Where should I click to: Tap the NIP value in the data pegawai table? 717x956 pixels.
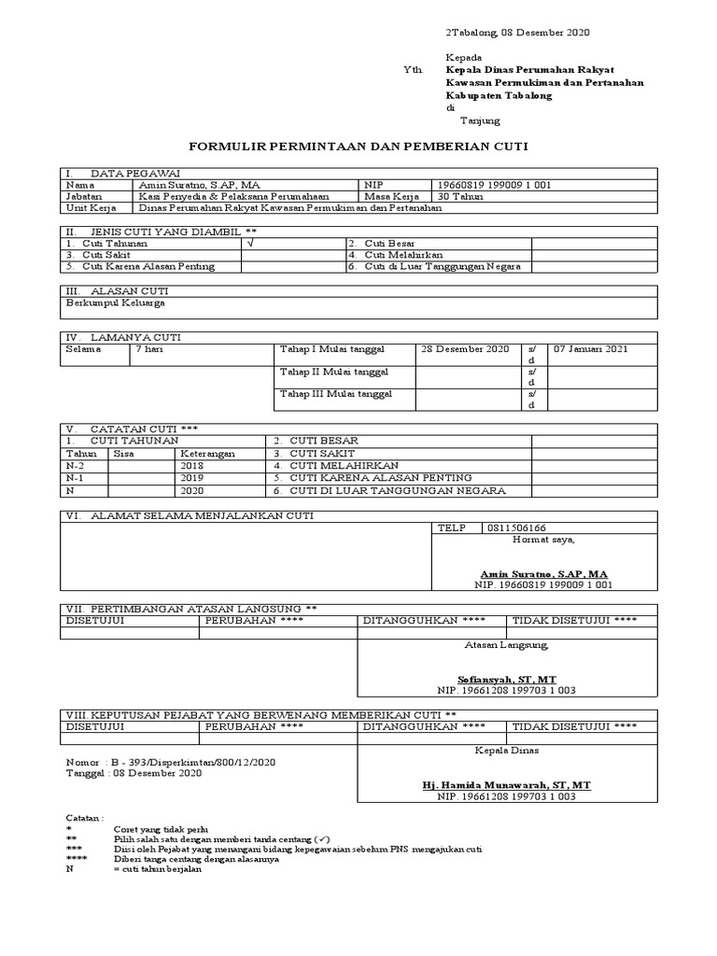click(494, 185)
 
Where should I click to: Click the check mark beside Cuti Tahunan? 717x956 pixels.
click(249, 243)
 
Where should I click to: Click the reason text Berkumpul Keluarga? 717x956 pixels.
click(117, 302)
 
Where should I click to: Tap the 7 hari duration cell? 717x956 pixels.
click(153, 349)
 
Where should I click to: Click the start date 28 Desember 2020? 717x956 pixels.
click(465, 349)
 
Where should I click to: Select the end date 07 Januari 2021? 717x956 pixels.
click(592, 349)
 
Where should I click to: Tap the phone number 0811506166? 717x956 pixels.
click(517, 527)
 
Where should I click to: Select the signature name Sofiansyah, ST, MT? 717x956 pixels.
click(506, 679)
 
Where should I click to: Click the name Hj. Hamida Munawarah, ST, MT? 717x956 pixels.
click(506, 786)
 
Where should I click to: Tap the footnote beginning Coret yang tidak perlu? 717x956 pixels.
click(161, 829)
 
